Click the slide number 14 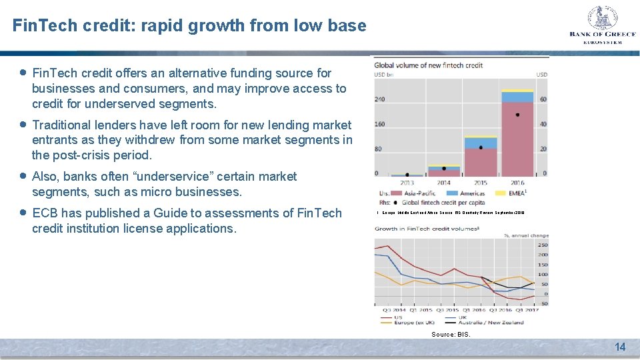point(620,347)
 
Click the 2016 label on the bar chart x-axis point(517,183)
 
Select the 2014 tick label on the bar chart point(443,183)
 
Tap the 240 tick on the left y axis point(381,99)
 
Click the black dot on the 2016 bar point(517,115)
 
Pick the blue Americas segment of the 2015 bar point(481,143)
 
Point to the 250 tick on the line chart point(543,245)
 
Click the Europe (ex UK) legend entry point(407,323)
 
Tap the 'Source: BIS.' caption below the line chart point(451,334)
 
